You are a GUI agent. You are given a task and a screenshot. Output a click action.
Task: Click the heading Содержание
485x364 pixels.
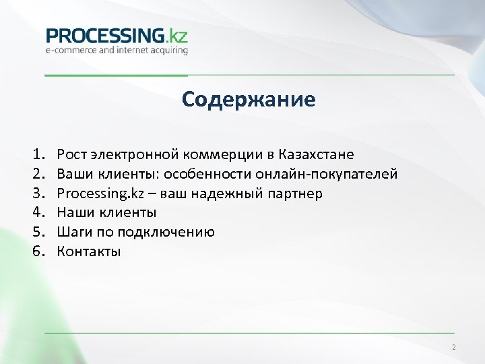[x=248, y=100]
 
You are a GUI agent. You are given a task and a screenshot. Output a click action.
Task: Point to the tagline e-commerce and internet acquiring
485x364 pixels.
[x=117, y=50]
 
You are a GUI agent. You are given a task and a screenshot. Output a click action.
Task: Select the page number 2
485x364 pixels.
[x=453, y=348]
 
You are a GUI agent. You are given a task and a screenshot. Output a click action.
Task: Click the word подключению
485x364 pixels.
[x=166, y=233]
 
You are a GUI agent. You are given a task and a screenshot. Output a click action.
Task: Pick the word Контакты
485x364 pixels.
[x=89, y=252]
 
